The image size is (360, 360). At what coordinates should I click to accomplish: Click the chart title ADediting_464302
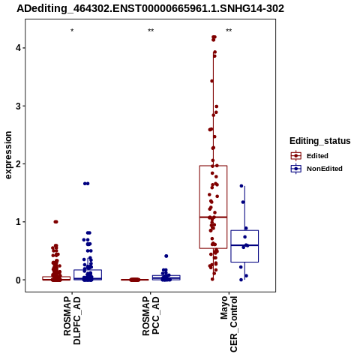click(x=150, y=9)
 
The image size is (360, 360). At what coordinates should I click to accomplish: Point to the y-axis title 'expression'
click(x=8, y=155)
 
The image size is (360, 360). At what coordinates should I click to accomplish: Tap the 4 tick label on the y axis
click(x=18, y=48)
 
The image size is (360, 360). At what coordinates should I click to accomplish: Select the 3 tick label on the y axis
click(x=18, y=106)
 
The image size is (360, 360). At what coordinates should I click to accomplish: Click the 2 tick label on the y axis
click(x=18, y=164)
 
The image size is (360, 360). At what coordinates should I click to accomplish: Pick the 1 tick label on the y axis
click(x=18, y=222)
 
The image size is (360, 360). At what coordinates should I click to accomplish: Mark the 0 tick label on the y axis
click(x=18, y=280)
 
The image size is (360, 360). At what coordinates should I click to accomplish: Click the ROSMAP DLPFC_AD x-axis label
click(x=72, y=320)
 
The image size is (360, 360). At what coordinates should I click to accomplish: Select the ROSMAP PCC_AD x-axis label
click(x=151, y=316)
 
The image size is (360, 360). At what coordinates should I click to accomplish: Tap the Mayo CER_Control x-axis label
click(x=229, y=324)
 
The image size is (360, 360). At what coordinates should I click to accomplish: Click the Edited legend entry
click(x=310, y=156)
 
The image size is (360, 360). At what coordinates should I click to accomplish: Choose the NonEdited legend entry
click(x=316, y=169)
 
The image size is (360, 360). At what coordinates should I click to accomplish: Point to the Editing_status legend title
click(x=320, y=141)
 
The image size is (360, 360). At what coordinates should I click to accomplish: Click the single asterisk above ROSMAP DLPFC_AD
click(x=72, y=31)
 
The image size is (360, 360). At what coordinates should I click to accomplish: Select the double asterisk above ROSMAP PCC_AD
click(x=151, y=31)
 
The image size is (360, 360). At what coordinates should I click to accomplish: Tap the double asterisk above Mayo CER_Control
click(x=229, y=31)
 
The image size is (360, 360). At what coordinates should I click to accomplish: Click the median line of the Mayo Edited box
click(x=213, y=217)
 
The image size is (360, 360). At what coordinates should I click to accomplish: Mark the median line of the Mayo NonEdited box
click(x=244, y=245)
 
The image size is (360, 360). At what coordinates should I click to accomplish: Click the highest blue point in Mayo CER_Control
click(x=241, y=186)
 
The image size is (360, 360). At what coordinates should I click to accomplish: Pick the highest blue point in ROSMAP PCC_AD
click(x=166, y=256)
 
